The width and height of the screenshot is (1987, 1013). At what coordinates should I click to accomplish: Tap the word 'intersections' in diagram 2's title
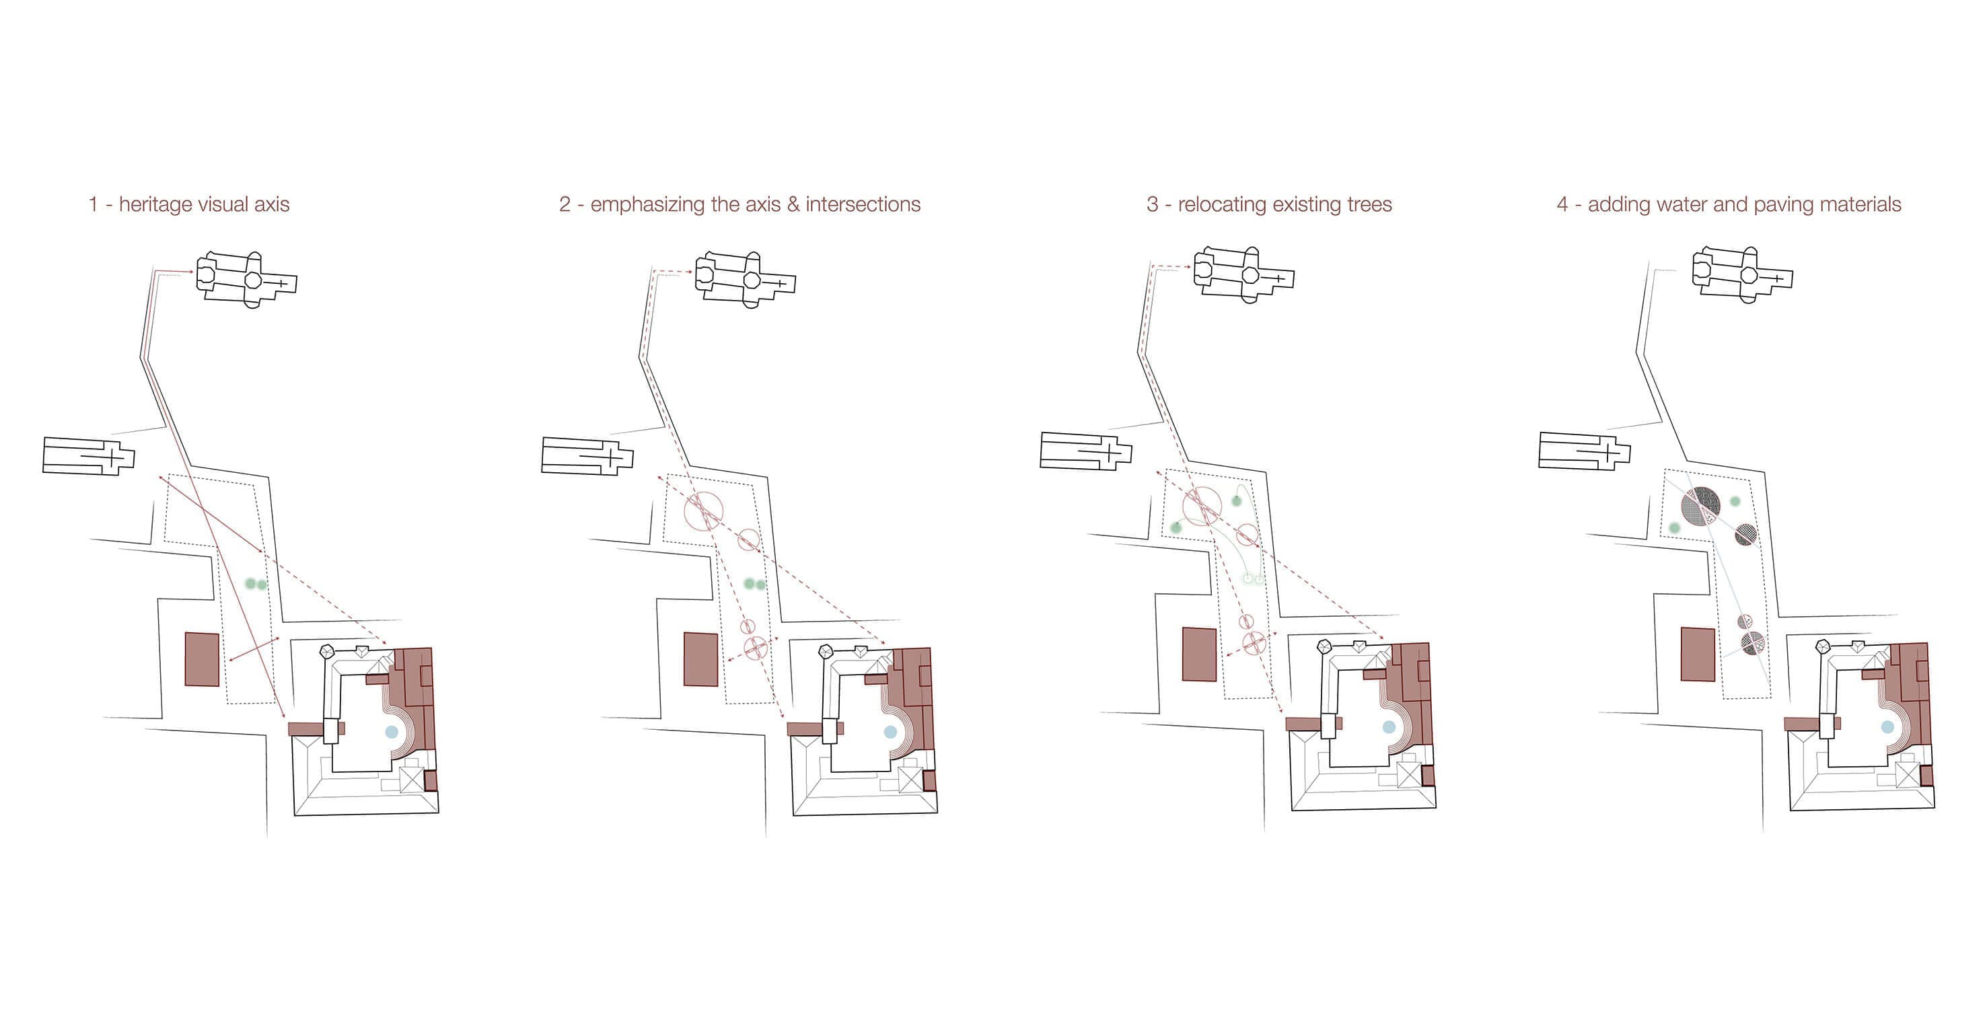863,204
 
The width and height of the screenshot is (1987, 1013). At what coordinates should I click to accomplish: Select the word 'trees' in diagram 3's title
1369,204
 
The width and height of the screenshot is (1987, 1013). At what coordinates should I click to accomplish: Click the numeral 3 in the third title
1153,204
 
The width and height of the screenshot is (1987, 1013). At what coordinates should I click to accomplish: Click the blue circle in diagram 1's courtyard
391,732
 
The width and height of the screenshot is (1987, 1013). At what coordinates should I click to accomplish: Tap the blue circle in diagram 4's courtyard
1887,727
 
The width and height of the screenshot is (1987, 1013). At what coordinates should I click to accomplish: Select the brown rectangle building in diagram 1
202,659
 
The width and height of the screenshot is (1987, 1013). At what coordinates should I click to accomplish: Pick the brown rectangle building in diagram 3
1200,654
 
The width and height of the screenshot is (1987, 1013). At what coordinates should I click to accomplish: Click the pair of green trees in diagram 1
255,585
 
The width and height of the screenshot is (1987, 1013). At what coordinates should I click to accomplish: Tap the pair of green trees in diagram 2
754,585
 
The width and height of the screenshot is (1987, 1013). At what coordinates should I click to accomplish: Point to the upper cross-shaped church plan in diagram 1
247,279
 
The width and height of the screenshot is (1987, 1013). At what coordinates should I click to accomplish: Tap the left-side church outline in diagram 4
1585,451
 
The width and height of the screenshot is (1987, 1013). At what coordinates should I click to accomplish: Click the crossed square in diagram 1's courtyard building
412,780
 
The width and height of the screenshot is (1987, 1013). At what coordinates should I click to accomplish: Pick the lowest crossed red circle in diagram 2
755,647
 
